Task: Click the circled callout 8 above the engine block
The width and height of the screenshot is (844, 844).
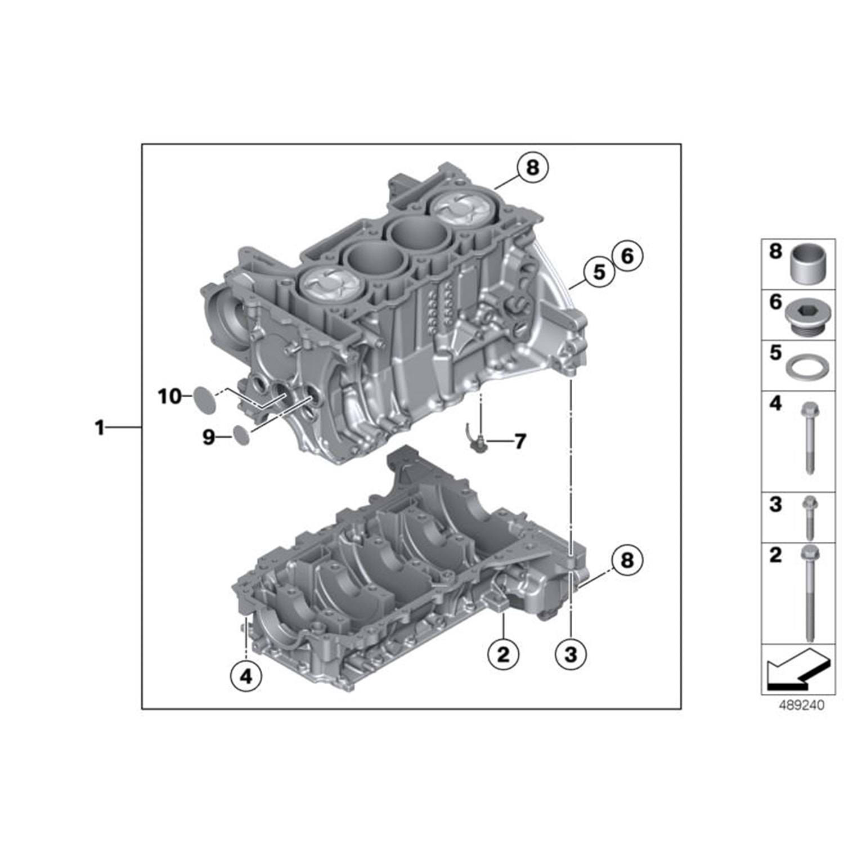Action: click(532, 167)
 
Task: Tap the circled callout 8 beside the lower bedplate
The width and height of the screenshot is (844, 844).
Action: click(626, 560)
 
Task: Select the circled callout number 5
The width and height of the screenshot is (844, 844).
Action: click(599, 272)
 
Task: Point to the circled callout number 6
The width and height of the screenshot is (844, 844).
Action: click(627, 256)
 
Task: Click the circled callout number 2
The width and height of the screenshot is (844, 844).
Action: click(503, 654)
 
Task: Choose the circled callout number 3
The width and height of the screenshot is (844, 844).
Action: click(571, 654)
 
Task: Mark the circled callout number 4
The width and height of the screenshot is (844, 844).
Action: click(246, 676)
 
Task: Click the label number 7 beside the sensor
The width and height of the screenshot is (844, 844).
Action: click(520, 441)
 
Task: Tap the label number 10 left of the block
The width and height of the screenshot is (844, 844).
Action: click(169, 397)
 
